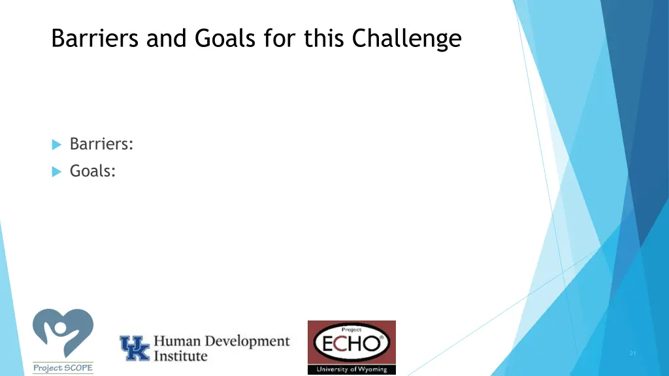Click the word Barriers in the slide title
click(x=96, y=39)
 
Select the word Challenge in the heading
click(x=407, y=39)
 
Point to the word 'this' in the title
click(x=324, y=39)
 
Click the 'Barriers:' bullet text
click(x=101, y=144)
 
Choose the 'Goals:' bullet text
click(x=93, y=171)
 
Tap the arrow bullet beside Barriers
click(x=56, y=144)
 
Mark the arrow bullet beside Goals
click(x=56, y=172)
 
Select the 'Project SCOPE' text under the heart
click(x=63, y=368)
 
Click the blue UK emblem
click(x=135, y=348)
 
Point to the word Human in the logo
click(x=176, y=341)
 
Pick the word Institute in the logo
click(x=180, y=356)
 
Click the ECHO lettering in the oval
click(x=351, y=343)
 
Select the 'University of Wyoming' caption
click(x=351, y=369)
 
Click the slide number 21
click(x=632, y=353)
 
